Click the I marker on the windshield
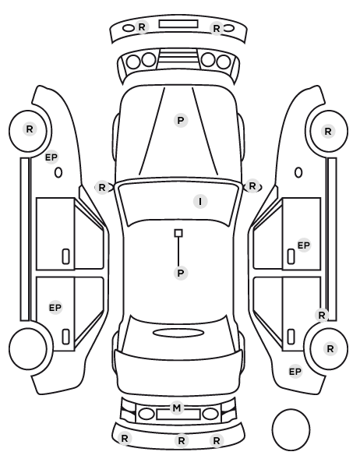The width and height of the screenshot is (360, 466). [x=200, y=202]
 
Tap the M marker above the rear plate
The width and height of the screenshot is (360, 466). [x=177, y=408]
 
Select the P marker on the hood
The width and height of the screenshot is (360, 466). [x=181, y=120]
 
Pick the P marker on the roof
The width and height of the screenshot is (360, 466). [x=181, y=273]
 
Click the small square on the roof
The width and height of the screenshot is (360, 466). [x=178, y=233]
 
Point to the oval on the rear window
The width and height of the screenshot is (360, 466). [x=178, y=333]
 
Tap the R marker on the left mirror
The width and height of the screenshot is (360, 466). [x=102, y=188]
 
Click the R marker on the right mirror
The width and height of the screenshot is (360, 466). [x=252, y=186]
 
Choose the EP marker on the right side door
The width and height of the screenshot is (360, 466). [x=304, y=245]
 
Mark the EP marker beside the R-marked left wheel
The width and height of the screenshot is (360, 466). [x=51, y=157]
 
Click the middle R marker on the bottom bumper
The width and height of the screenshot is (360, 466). [x=182, y=440]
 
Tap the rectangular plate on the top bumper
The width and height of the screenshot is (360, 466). [x=178, y=24]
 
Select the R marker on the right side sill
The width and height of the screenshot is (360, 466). [x=322, y=315]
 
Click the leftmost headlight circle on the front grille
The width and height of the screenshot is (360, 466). [x=133, y=62]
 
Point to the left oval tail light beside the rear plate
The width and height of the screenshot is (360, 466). [x=146, y=414]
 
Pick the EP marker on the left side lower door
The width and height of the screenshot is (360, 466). [x=55, y=307]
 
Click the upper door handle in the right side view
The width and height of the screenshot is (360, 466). [x=291, y=256]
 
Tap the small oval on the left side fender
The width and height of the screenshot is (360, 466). [x=58, y=172]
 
